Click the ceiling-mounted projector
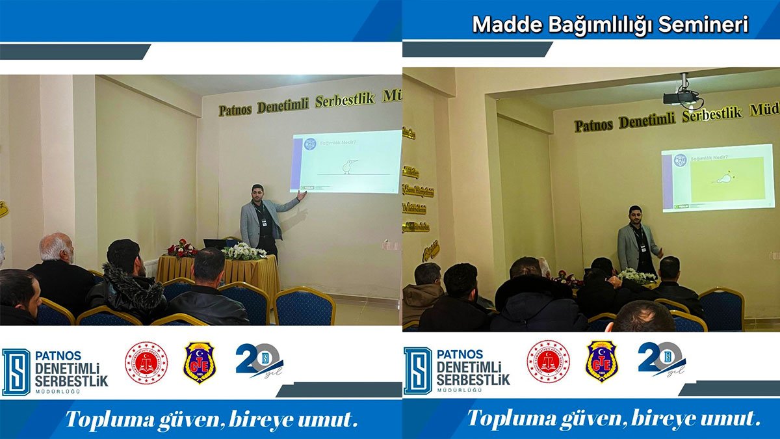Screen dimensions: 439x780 pyautogui.click(x=681, y=96)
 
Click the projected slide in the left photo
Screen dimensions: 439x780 pyautogui.click(x=346, y=162)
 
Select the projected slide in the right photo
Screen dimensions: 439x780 pyautogui.click(x=718, y=180)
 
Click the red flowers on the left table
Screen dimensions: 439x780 pyautogui.click(x=182, y=248)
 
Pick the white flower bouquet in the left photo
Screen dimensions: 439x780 pyautogui.click(x=243, y=252)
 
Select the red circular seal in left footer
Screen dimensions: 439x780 pyautogui.click(x=146, y=362)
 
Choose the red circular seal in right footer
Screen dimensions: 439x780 pyautogui.click(x=548, y=362)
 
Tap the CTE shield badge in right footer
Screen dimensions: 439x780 pyautogui.click(x=601, y=362)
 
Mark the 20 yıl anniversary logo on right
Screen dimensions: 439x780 pyautogui.click(x=660, y=360)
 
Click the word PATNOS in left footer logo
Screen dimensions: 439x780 pyautogui.click(x=59, y=355)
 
